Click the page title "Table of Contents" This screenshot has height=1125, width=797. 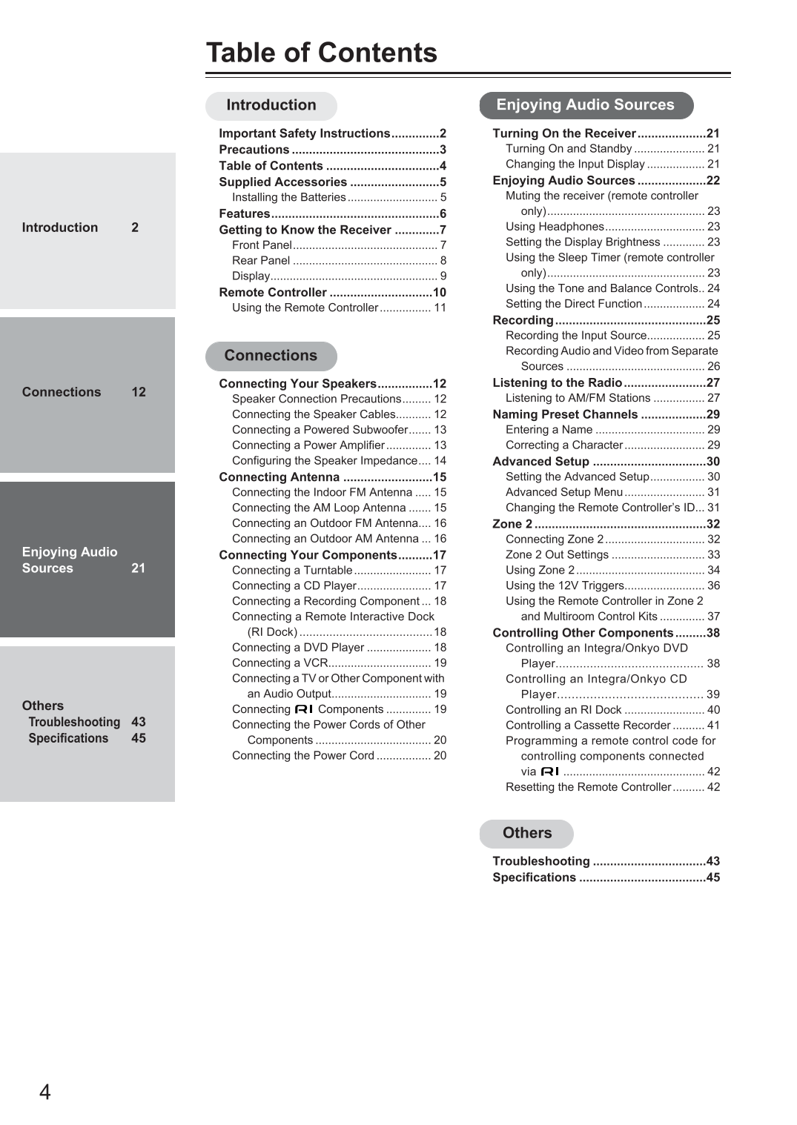321,53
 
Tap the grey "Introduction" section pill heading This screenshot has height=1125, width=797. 271,105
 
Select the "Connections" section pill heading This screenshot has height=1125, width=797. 271,356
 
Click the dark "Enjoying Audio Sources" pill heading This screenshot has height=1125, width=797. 585,105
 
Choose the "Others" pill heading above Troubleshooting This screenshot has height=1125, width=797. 526,833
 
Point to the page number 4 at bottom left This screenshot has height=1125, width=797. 45,1092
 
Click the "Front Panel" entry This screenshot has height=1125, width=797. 262,245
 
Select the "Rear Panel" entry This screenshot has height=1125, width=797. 261,261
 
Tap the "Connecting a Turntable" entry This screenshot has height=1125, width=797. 292,571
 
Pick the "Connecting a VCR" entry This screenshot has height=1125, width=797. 280,663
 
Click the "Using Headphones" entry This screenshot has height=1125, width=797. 555,227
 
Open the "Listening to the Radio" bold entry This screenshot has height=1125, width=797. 557,383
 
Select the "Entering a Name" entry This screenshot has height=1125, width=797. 549,430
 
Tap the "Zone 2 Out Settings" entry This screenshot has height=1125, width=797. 557,555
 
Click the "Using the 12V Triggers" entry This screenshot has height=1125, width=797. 564,585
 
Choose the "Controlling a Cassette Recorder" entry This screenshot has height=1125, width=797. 588,726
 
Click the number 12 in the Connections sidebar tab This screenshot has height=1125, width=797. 139,392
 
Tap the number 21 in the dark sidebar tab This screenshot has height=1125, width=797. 139,568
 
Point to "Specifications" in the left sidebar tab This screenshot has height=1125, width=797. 68,738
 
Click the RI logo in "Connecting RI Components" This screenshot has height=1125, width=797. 304,709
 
